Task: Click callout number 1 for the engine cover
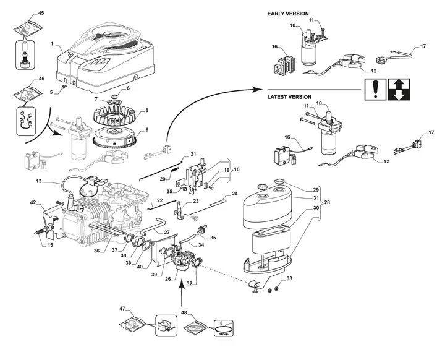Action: [x=53, y=45]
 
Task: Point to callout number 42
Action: [x=33, y=202]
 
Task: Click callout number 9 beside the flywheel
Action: [x=146, y=130]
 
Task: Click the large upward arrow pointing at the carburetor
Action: [x=182, y=291]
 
